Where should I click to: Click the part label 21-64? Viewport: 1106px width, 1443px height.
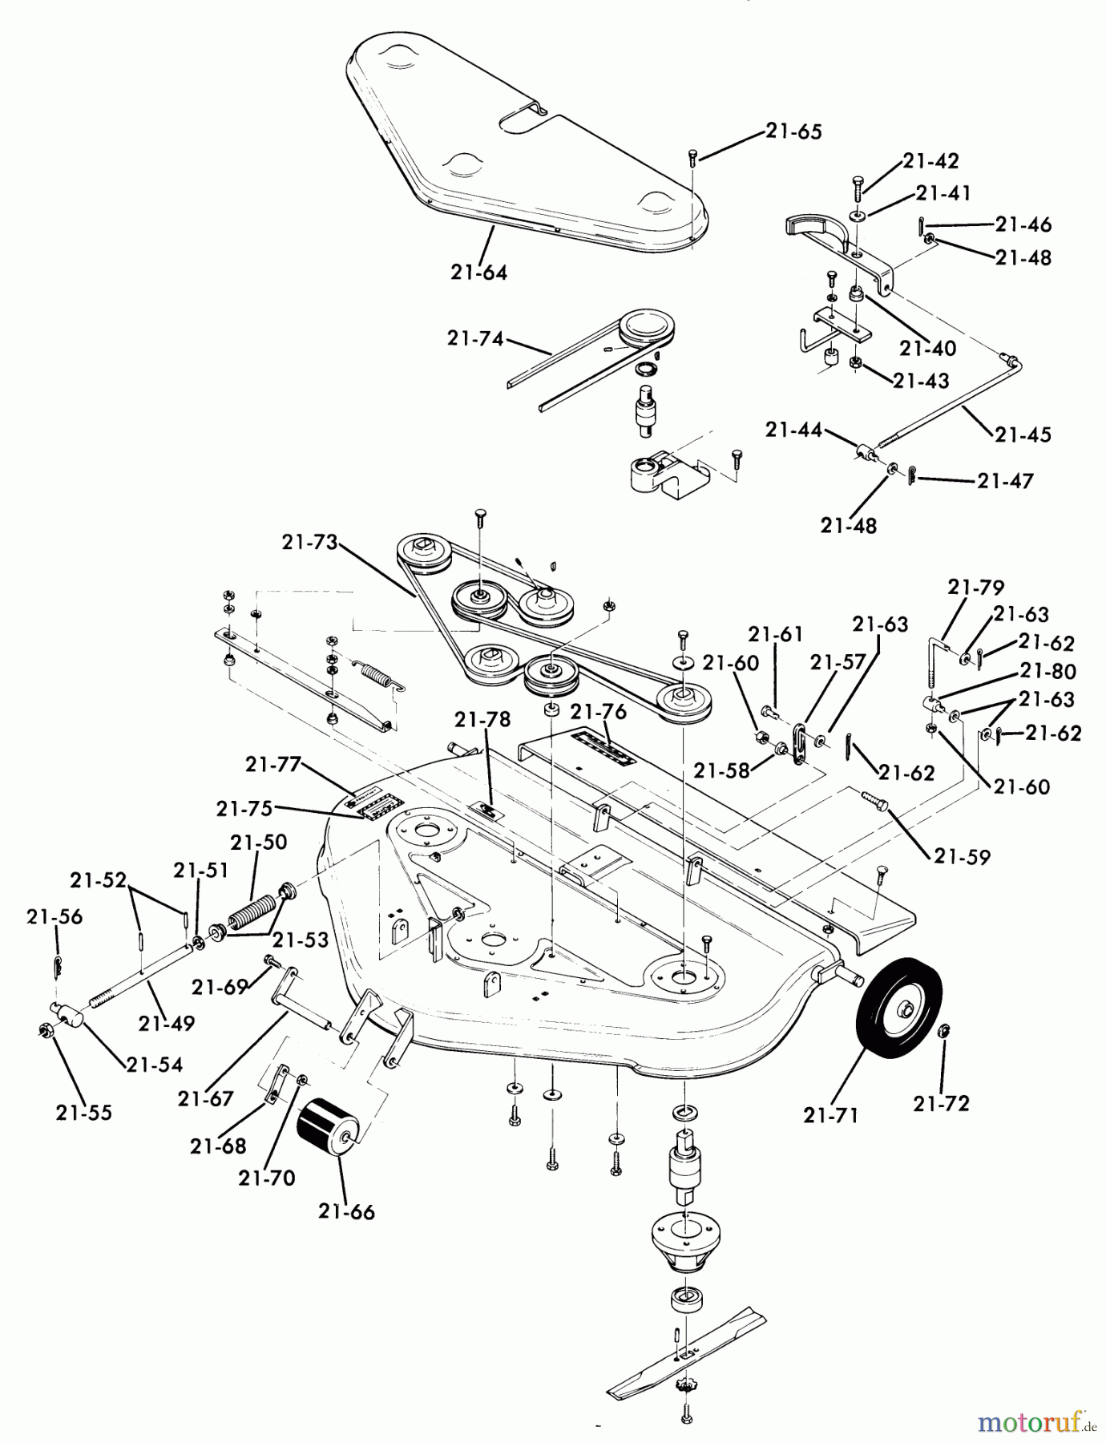pyautogui.click(x=478, y=273)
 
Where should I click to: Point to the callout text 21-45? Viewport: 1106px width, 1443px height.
pyautogui.click(x=1023, y=435)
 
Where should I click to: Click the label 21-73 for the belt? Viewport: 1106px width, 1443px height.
pyautogui.click(x=310, y=542)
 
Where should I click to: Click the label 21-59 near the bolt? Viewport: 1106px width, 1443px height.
pyautogui.click(x=962, y=856)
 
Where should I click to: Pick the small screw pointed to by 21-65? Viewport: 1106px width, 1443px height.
pyautogui.click(x=693, y=156)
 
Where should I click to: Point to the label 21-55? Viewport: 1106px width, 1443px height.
pyautogui.click(x=83, y=1113)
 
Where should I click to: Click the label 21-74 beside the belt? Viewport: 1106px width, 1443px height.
pyautogui.click(x=476, y=338)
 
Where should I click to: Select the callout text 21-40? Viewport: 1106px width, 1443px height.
pyautogui.click(x=927, y=348)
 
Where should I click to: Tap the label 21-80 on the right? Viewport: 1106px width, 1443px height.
pyautogui.click(x=1047, y=671)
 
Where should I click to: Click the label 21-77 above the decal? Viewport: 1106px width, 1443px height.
pyautogui.click(x=273, y=765)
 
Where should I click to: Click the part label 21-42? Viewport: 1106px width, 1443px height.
pyautogui.click(x=930, y=160)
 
